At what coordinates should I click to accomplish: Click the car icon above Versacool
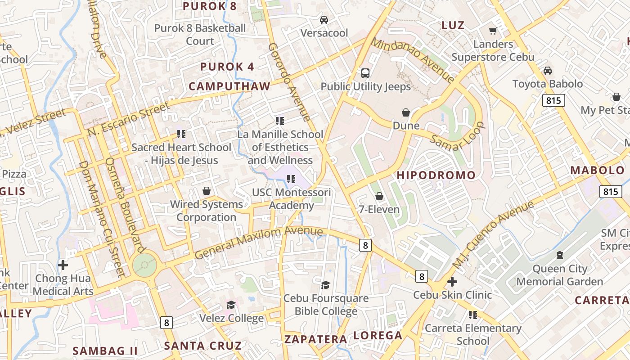tap(324, 20)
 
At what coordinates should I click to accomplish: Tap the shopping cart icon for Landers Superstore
tap(493, 31)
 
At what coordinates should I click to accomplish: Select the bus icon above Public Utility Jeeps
tap(365, 73)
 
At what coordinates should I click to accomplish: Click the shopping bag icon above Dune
tap(406, 112)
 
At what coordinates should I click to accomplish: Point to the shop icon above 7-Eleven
tap(379, 196)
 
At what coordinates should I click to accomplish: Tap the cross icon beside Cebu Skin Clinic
tap(452, 282)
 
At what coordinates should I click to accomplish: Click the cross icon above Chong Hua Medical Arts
tap(63, 265)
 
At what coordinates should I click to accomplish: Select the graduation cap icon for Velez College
tap(231, 305)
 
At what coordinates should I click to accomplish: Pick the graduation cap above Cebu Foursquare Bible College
tap(325, 285)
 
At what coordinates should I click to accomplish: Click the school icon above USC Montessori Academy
tap(291, 179)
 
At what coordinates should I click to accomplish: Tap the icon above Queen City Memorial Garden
tap(560, 256)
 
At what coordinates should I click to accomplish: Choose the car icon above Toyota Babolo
tap(547, 71)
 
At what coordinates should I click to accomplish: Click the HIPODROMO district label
tap(436, 175)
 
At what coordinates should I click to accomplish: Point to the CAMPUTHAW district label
tap(229, 86)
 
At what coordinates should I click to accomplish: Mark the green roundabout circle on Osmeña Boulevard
tap(144, 266)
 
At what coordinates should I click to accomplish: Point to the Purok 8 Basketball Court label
tap(200, 35)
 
